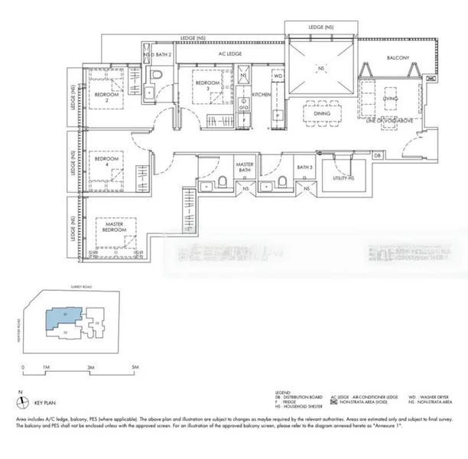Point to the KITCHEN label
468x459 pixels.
[x=262, y=94]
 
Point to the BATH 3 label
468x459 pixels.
[x=305, y=167]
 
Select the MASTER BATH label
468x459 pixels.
[x=244, y=168]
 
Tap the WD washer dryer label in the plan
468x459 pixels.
[x=278, y=76]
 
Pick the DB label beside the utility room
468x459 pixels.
[x=378, y=156]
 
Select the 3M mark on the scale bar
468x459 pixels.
[x=90, y=369]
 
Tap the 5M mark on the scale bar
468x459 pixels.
[x=135, y=369]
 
